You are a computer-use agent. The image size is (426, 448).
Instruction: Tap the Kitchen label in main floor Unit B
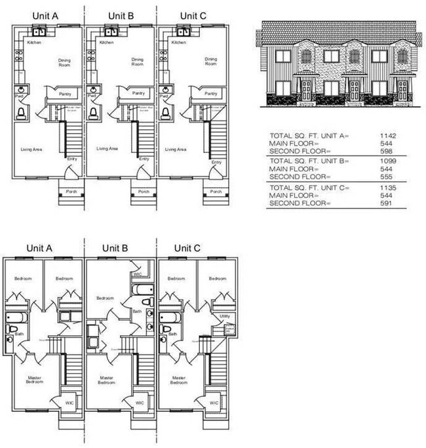pos(106,43)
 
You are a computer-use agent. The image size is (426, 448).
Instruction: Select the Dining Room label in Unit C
pos(210,62)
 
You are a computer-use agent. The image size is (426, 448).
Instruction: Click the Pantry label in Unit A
pos(65,93)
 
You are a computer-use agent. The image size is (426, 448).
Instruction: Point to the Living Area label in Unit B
pos(107,149)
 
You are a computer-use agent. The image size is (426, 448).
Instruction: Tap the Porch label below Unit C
pos(215,192)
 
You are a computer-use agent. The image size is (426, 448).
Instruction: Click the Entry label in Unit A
pos(72,159)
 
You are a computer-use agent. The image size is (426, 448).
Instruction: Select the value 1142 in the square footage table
pos(387,136)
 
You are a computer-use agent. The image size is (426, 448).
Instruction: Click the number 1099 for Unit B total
pos(387,161)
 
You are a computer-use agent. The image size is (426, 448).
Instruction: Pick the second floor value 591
pos(387,203)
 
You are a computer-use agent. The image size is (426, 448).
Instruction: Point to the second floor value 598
pos(387,151)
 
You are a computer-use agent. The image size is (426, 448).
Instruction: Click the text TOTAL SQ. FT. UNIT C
pos(307,188)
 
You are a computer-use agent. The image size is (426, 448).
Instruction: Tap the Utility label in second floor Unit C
pos(224,317)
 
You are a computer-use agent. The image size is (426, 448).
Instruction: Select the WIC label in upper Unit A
pos(69,403)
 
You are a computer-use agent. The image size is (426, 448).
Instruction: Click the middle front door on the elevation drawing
pos(354,89)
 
